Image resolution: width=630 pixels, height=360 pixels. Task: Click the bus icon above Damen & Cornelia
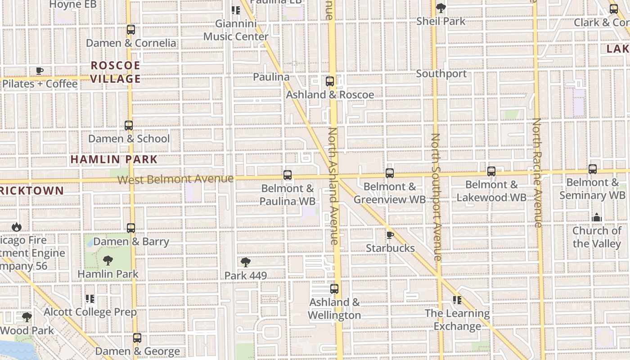click(x=130, y=30)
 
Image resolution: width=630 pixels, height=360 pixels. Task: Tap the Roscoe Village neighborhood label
click(x=115, y=72)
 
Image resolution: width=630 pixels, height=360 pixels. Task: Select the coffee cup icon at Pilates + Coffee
click(x=40, y=71)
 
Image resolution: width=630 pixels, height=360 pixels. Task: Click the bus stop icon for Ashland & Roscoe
click(x=330, y=81)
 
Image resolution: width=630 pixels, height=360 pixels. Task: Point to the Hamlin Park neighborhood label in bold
click(x=114, y=159)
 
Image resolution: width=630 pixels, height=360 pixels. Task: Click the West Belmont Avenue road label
click(x=175, y=179)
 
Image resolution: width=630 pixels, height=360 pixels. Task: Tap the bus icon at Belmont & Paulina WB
click(x=288, y=175)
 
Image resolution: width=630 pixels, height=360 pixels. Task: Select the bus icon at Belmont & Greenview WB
click(x=390, y=173)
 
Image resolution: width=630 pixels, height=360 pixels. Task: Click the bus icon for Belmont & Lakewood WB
click(x=491, y=171)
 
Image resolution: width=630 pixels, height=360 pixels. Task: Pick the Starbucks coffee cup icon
click(x=390, y=235)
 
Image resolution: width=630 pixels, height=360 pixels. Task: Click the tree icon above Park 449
click(x=245, y=262)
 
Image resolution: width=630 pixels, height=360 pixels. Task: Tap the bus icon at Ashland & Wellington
click(x=334, y=289)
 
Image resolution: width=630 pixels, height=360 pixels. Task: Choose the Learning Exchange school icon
click(x=457, y=300)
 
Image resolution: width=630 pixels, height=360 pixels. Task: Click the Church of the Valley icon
click(x=597, y=218)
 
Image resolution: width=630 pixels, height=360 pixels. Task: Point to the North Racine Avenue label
click(x=537, y=173)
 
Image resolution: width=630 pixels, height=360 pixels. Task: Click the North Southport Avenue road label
click(x=436, y=197)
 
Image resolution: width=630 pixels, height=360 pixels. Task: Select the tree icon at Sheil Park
click(x=441, y=8)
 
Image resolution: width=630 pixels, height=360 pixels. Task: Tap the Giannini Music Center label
click(x=236, y=30)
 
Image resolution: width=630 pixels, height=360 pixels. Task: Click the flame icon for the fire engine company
click(x=17, y=227)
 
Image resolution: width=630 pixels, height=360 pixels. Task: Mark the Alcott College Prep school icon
click(x=90, y=299)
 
